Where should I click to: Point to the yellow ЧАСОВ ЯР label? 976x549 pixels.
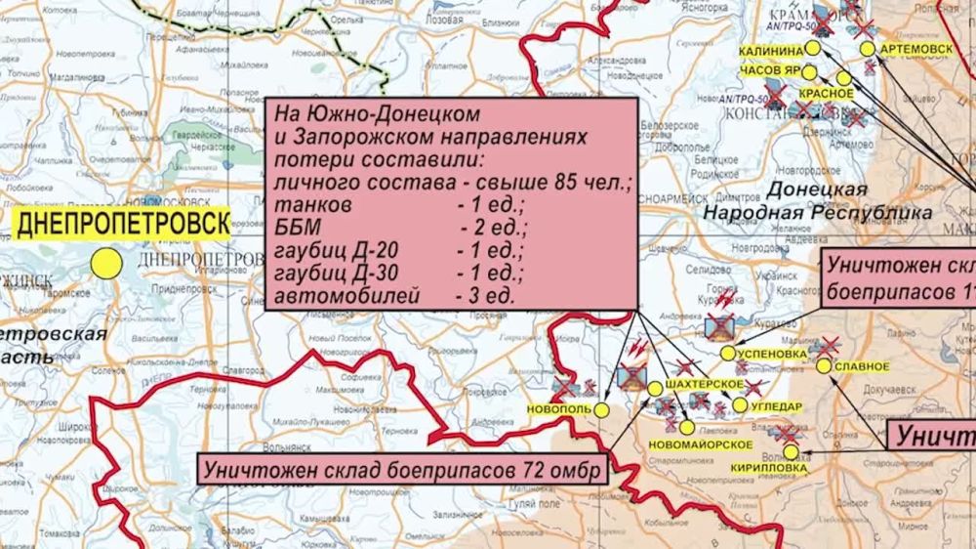tap(778, 71)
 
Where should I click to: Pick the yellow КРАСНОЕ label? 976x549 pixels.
tap(826, 94)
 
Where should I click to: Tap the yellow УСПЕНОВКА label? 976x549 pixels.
tap(776, 353)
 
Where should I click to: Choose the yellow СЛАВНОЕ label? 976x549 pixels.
tap(862, 366)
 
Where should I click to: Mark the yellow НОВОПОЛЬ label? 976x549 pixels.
tap(558, 408)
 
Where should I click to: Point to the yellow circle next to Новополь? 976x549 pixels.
tap(601, 409)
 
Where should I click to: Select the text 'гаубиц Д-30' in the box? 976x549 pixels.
tap(333, 273)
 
